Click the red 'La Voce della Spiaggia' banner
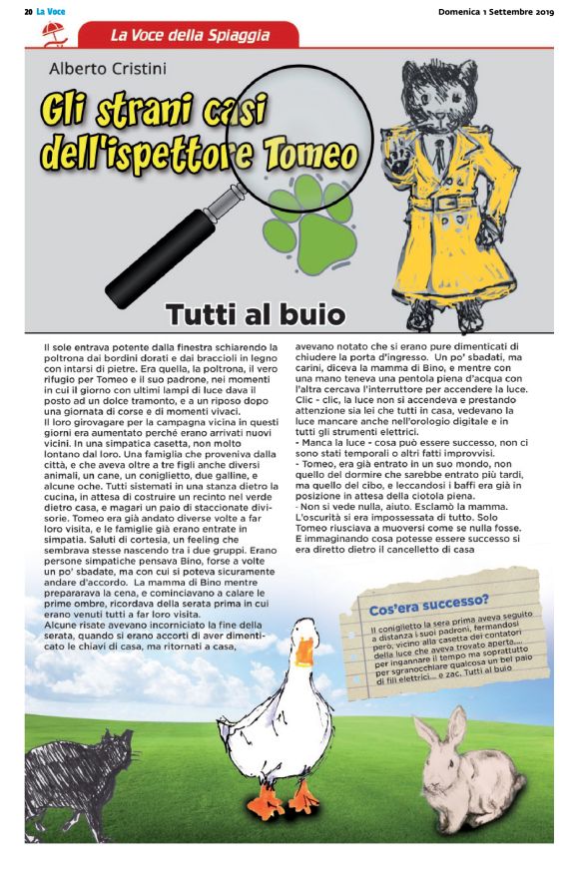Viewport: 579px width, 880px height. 189,36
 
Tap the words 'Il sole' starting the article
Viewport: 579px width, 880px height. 58,346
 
